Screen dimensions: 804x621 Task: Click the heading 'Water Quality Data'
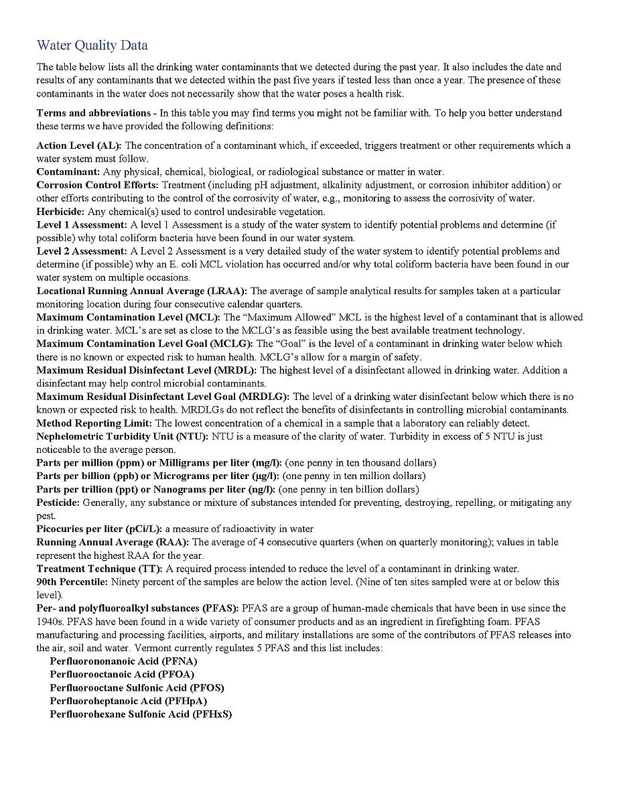point(92,46)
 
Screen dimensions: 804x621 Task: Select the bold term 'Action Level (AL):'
point(79,145)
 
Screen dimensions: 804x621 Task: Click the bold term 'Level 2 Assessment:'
point(81,251)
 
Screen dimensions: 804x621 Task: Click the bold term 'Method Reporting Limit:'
point(94,423)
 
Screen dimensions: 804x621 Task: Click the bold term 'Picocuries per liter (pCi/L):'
point(99,529)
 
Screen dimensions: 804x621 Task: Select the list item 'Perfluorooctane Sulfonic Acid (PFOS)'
point(137,688)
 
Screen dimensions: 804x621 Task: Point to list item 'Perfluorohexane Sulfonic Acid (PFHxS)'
point(141,714)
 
